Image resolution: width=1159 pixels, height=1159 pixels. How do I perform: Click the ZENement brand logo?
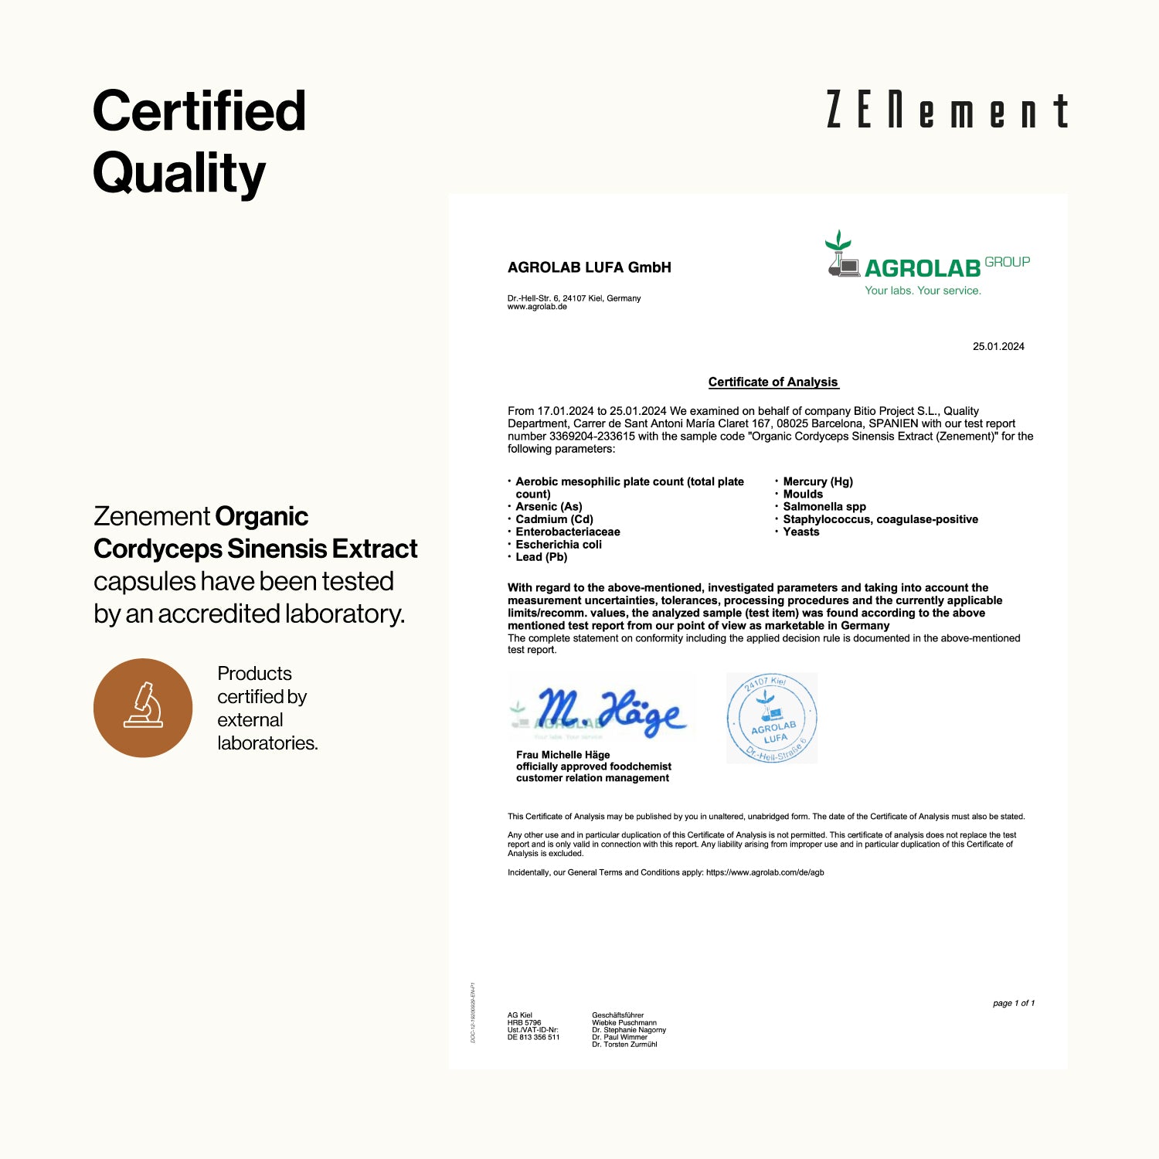pyautogui.click(x=947, y=110)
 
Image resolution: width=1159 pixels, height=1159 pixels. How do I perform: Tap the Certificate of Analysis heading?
pyautogui.click(x=773, y=382)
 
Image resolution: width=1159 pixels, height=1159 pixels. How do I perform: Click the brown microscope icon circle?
pyautogui.click(x=143, y=707)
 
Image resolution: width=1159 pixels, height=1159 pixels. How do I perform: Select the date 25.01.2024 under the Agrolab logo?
pyautogui.click(x=998, y=346)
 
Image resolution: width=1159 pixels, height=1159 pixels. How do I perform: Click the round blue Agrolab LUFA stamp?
pyautogui.click(x=772, y=718)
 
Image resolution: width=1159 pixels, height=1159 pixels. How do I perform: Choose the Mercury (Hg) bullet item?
pyautogui.click(x=817, y=481)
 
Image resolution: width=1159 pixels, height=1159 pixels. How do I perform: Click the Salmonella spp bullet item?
pyautogui.click(x=824, y=507)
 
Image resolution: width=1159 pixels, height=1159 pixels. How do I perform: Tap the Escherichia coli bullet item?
pyautogui.click(x=558, y=545)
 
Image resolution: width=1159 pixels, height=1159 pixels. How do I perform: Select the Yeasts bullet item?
pyautogui.click(x=800, y=532)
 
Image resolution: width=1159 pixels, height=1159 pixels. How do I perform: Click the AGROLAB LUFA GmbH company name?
pyautogui.click(x=589, y=267)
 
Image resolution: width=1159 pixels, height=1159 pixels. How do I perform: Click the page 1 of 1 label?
pyautogui.click(x=1013, y=1003)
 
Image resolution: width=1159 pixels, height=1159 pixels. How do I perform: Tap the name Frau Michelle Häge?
pyautogui.click(x=563, y=755)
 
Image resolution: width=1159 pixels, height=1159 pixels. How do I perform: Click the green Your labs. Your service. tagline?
pyautogui.click(x=923, y=291)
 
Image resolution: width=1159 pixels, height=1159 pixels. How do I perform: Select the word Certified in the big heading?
pyautogui.click(x=199, y=110)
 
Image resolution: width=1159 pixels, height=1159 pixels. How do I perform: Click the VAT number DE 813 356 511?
pyautogui.click(x=533, y=1037)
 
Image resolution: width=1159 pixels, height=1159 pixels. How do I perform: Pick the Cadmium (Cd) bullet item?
pyautogui.click(x=554, y=519)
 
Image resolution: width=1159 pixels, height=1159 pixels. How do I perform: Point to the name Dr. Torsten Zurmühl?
pyautogui.click(x=624, y=1045)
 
